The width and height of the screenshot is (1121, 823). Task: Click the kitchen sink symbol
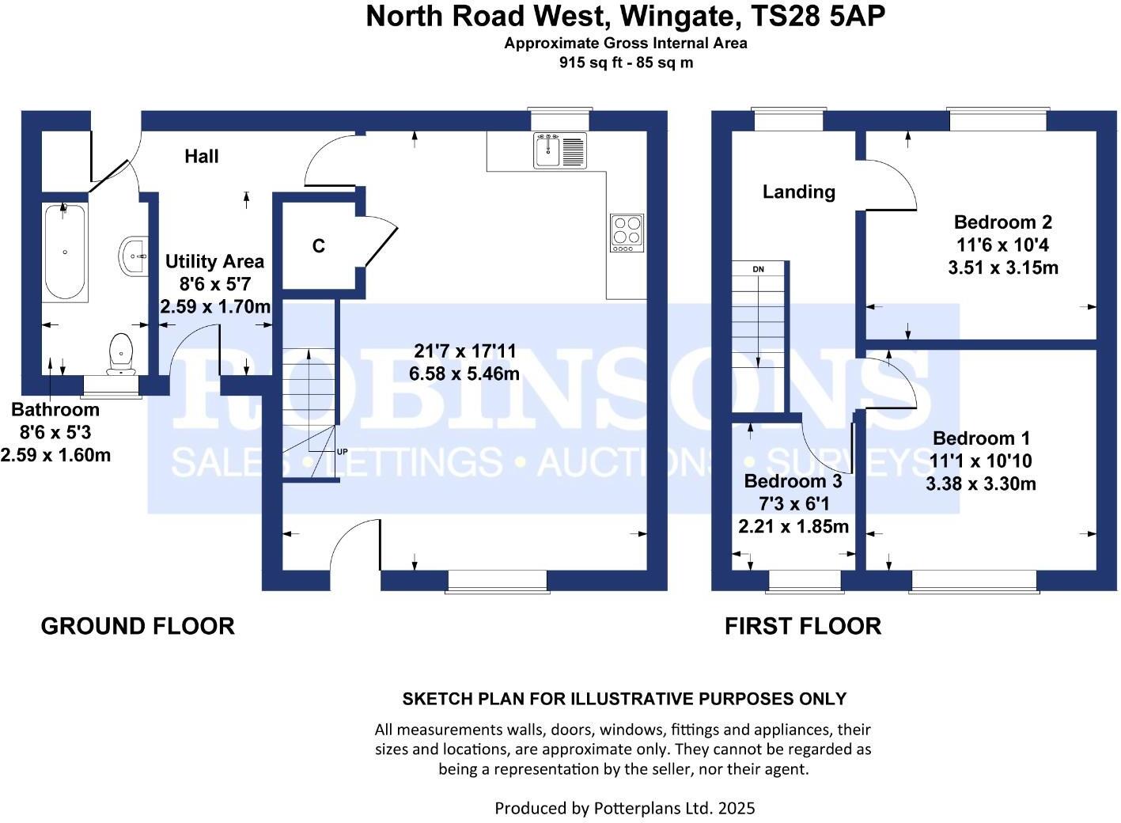(x=560, y=150)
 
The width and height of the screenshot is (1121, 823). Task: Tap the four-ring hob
(x=627, y=233)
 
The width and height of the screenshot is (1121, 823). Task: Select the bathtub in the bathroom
(x=65, y=252)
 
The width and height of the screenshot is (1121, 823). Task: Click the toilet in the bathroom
(x=120, y=352)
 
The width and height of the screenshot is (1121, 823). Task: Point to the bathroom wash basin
(x=134, y=256)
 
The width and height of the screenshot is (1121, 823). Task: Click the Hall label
(x=202, y=157)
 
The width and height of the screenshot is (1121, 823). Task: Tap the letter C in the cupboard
(x=319, y=246)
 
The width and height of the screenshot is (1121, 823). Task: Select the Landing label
(x=798, y=192)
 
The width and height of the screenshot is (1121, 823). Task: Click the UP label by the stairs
(x=342, y=452)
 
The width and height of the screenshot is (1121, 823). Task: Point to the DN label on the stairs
(x=758, y=270)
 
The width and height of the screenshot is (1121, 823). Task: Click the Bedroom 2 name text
(x=1002, y=222)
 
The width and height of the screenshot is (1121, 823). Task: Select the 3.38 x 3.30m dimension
(x=980, y=484)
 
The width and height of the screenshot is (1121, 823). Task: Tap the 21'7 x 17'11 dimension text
(x=464, y=351)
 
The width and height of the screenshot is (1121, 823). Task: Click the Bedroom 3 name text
(x=793, y=481)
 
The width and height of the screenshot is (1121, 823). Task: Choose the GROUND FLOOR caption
(x=138, y=626)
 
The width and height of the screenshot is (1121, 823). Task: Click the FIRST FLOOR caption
(x=802, y=626)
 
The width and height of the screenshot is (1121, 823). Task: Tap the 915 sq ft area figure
(x=589, y=63)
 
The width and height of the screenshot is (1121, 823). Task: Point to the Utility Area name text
(x=214, y=262)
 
